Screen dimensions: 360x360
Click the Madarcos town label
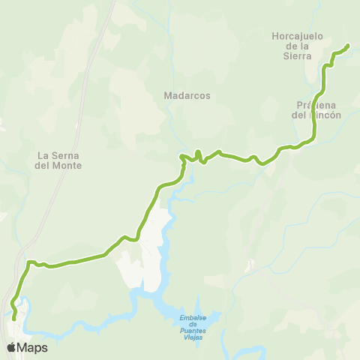pos(187,96)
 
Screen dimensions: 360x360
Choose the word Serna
pos(64,156)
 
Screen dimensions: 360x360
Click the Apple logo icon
pos(11,347)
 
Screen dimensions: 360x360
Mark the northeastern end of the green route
pos(348,46)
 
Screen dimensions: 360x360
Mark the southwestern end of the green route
pos(14,318)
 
